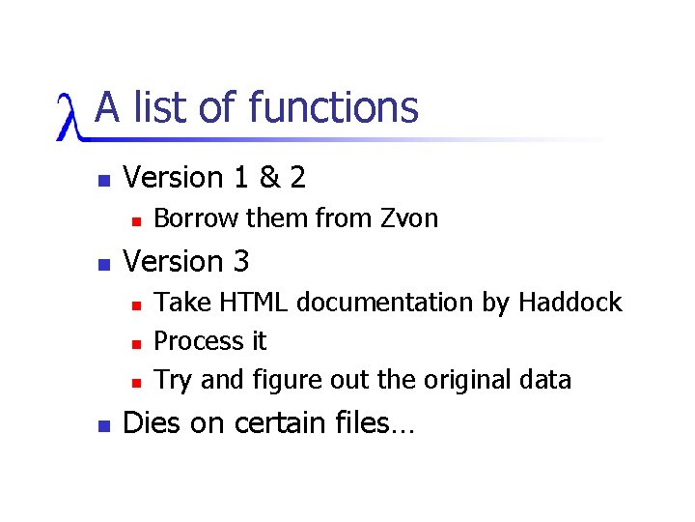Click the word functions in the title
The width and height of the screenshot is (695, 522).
(333, 107)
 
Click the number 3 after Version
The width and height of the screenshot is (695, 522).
(240, 262)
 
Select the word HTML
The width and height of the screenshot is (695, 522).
(256, 303)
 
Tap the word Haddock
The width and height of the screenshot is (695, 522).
(570, 303)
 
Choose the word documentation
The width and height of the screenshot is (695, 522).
(386, 303)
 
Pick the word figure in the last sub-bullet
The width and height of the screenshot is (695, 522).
(285, 381)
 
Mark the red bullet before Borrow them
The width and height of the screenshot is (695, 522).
(137, 220)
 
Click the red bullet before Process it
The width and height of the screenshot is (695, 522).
(137, 343)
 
